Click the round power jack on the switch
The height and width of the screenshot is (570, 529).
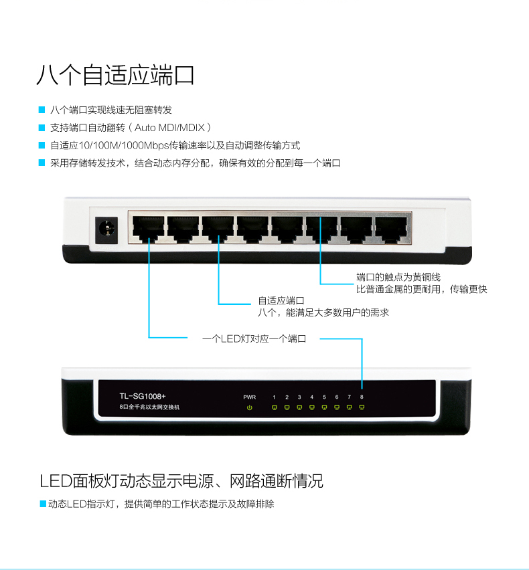(106, 229)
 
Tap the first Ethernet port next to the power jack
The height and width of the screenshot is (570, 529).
(148, 229)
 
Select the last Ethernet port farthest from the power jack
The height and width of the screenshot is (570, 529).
(391, 229)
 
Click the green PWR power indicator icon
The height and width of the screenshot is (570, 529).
(250, 407)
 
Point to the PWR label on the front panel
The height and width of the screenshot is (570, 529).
(250, 397)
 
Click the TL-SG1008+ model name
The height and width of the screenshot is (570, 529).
(143, 396)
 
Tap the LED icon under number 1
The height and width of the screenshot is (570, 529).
(275, 407)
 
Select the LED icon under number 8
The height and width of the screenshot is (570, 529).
(362, 407)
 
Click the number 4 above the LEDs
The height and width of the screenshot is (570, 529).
(312, 397)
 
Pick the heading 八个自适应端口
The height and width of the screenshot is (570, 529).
(115, 75)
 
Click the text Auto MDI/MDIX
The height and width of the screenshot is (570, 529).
(170, 128)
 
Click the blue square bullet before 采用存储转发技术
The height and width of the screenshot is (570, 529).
(42, 163)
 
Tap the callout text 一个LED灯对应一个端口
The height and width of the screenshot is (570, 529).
(254, 339)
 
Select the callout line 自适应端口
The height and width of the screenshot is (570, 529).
(281, 300)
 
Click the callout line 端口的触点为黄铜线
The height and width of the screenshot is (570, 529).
(398, 278)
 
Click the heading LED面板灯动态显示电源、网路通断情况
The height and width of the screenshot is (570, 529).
(181, 481)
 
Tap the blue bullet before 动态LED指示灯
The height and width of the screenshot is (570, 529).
(43, 504)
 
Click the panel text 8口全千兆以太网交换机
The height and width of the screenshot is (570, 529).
(149, 407)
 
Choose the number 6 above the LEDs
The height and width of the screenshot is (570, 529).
(337, 397)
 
